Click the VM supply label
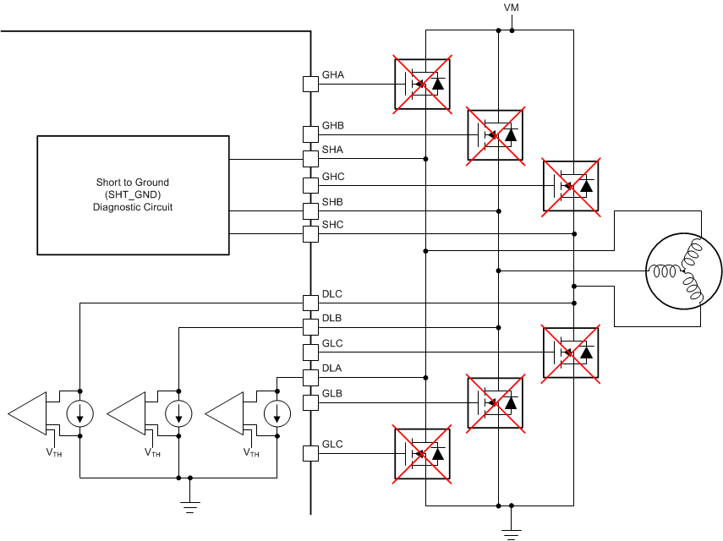click(x=512, y=8)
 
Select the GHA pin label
click(x=333, y=75)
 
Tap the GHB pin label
click(x=333, y=126)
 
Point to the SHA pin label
click(x=333, y=150)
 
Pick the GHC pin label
click(x=333, y=177)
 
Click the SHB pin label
click(x=333, y=202)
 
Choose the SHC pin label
click(x=333, y=225)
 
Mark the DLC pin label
click(x=332, y=293)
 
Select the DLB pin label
click(x=332, y=319)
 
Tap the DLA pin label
click(x=332, y=369)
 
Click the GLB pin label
click(x=332, y=394)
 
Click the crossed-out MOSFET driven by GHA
click(x=421, y=84)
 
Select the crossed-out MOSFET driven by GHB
click(x=496, y=134)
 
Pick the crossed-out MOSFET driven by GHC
click(x=570, y=185)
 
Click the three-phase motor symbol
click(x=683, y=270)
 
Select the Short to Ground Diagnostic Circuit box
click(x=133, y=194)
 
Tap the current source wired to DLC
click(x=80, y=413)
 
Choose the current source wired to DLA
click(x=277, y=413)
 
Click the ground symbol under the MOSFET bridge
click(x=511, y=531)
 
